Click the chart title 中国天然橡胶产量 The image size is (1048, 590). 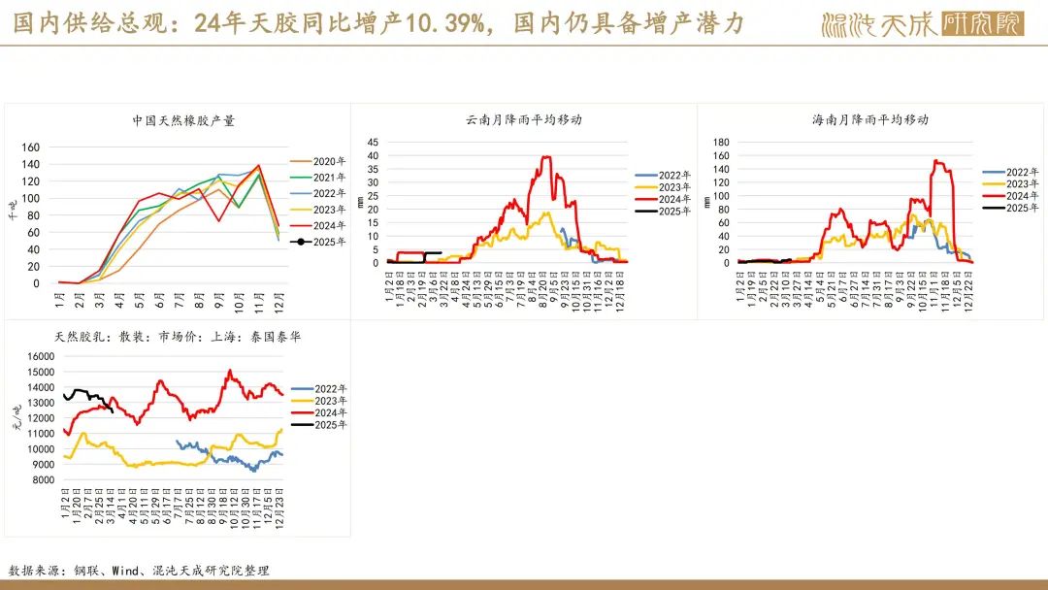[183, 121]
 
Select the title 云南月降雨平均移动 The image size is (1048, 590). [524, 120]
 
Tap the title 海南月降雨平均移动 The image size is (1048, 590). [870, 120]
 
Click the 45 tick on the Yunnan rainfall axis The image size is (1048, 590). [372, 142]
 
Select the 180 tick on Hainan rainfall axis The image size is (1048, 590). [721, 142]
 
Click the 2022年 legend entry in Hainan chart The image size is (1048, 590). [1023, 172]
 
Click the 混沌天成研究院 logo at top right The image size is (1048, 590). [922, 23]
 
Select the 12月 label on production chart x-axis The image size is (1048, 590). [279, 297]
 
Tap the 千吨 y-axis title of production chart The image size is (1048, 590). [13, 210]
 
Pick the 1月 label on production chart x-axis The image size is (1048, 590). [59, 296]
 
